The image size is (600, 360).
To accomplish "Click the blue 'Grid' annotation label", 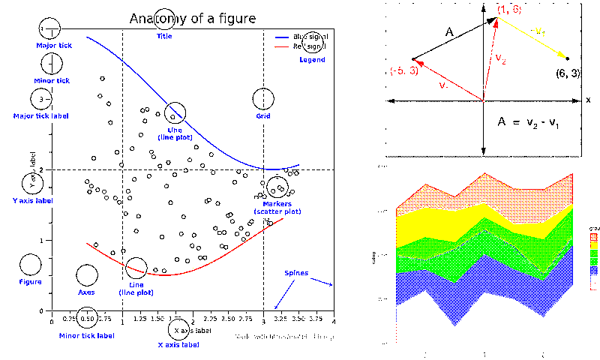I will (x=263, y=117).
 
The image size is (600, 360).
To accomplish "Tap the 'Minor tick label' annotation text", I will (x=87, y=335).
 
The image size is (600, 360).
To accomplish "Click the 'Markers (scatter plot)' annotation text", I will (x=277, y=208).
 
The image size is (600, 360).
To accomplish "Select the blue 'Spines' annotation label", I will (x=295, y=273).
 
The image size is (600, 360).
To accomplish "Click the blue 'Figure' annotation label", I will (x=31, y=282).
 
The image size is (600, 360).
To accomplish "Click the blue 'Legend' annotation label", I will (x=312, y=59).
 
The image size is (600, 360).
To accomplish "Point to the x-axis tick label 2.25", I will (x=210, y=318).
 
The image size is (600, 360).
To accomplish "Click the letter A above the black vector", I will (x=449, y=32).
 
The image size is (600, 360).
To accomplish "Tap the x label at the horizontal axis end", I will (x=588, y=100).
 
